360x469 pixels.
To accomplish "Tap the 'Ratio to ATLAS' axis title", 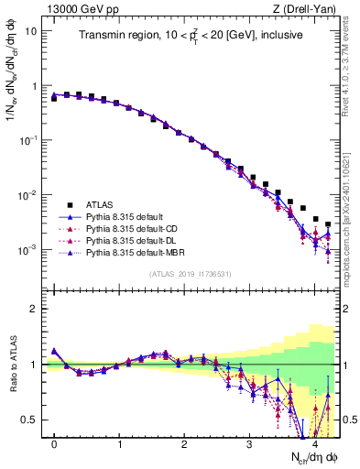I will (x=13, y=365).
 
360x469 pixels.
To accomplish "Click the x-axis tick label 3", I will (x=250, y=444).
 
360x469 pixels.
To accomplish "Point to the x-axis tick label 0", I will (x=55, y=444).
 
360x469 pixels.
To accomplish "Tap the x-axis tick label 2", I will (x=185, y=444).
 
